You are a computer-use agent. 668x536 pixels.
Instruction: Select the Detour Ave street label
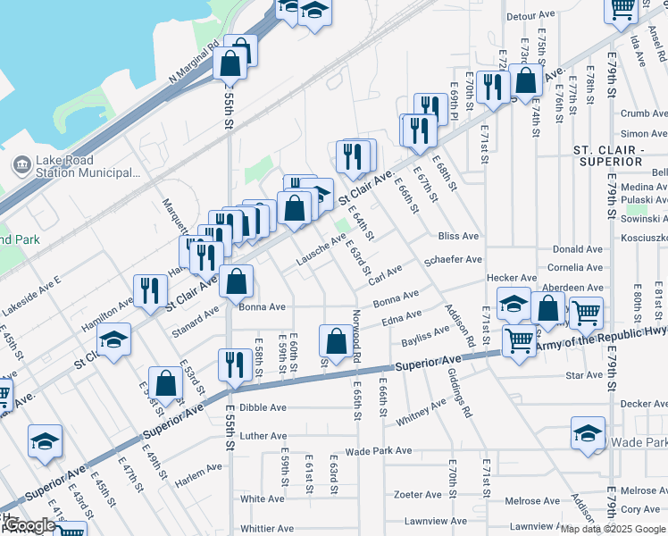pos(530,16)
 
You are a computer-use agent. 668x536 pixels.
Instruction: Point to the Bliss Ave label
pos(459,237)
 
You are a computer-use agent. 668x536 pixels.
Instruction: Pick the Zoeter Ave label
pos(418,494)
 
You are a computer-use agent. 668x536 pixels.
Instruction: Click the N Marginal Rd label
pos(194,65)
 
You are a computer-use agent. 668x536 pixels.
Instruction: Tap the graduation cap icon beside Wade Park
pos(587,435)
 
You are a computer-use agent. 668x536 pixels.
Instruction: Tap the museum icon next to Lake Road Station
pos(21,164)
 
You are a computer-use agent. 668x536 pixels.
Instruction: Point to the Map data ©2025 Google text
pos(612,530)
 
